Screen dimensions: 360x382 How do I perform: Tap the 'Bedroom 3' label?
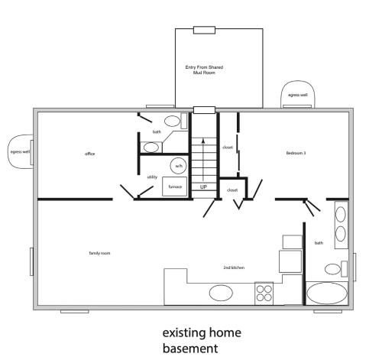pyautogui.click(x=296, y=153)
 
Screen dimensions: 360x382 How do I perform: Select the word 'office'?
pyautogui.click(x=89, y=154)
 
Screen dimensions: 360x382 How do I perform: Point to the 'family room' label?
pyautogui.click(x=100, y=252)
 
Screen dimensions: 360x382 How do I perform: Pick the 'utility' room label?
pyautogui.click(x=152, y=177)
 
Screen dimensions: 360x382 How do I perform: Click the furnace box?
pyautogui.click(x=174, y=186)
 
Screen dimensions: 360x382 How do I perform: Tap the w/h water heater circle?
pyautogui.click(x=179, y=165)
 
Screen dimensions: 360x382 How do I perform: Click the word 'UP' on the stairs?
pyautogui.click(x=204, y=186)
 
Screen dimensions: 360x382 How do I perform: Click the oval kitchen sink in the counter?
pyautogui.click(x=222, y=293)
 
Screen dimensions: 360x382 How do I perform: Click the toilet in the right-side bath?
pyautogui.click(x=333, y=269)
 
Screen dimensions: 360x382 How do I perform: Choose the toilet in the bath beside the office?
pyautogui.click(x=173, y=122)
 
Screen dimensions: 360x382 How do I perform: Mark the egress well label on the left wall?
pyautogui.click(x=19, y=151)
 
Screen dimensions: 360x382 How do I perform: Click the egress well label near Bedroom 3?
pyautogui.click(x=298, y=95)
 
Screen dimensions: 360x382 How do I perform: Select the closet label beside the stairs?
pyautogui.click(x=228, y=147)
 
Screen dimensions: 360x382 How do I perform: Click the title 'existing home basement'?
pyautogui.click(x=201, y=340)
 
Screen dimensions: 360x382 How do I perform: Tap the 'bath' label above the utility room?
pyautogui.click(x=157, y=132)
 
